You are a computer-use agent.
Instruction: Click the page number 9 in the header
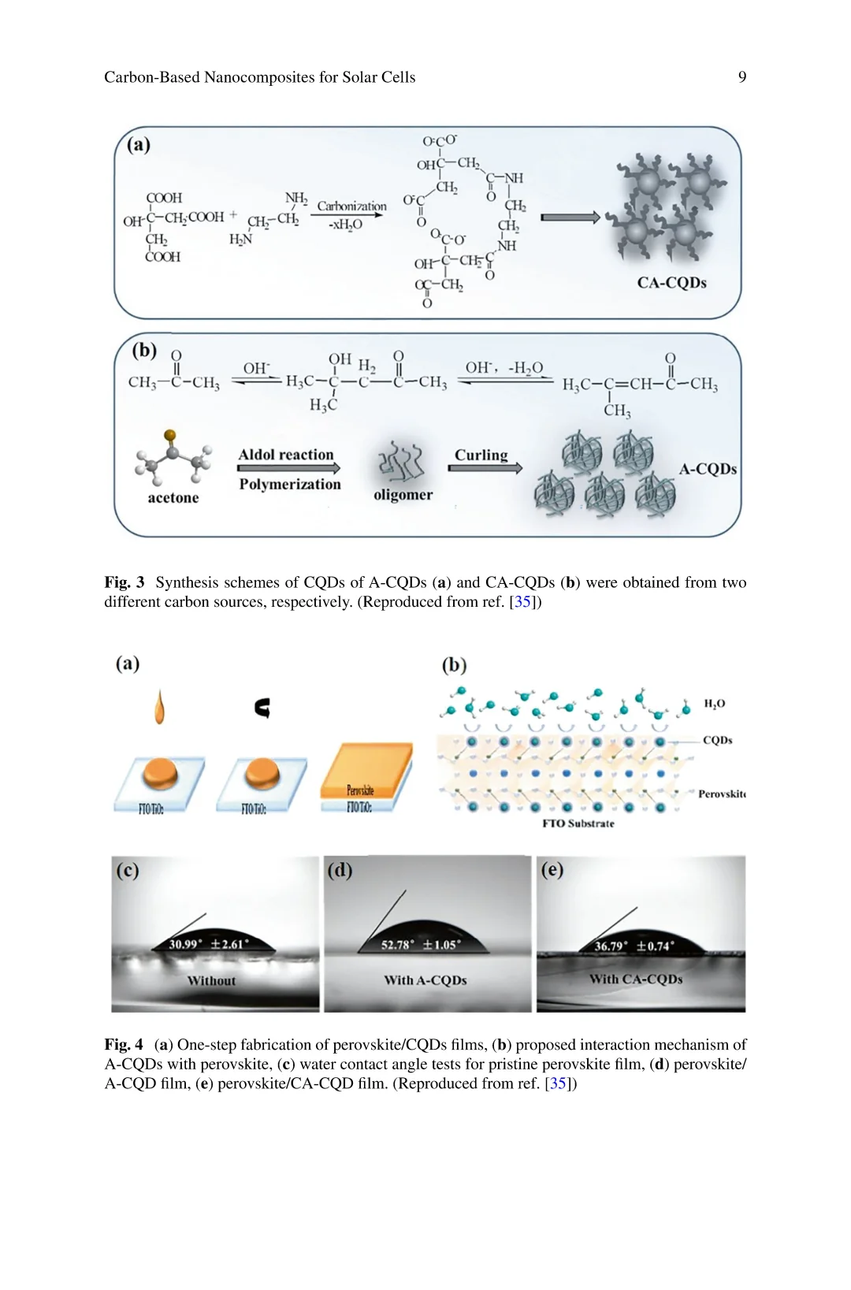741,77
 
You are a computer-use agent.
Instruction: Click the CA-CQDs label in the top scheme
671,283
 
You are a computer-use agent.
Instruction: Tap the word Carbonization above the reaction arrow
351,206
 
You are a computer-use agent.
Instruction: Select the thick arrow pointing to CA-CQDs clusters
570,217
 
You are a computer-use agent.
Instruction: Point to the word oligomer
403,495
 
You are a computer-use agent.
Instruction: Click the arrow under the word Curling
485,468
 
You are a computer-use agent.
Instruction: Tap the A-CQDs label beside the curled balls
708,469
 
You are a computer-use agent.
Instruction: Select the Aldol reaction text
286,455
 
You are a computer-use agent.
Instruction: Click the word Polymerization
290,485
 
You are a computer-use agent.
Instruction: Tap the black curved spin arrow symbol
263,708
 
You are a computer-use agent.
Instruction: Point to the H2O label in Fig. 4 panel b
714,704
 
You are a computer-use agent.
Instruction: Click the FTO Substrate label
578,823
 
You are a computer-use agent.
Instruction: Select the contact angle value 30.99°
186,944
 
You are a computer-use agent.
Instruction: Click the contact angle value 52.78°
399,945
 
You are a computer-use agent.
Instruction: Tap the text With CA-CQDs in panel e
636,980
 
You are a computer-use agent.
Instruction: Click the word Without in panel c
211,981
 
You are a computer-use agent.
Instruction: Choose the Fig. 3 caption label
124,582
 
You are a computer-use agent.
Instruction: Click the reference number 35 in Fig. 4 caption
559,1084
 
